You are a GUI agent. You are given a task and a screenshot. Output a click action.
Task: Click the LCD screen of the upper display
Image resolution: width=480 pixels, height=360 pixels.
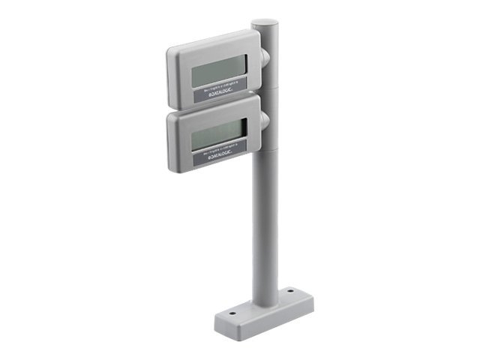(218, 73)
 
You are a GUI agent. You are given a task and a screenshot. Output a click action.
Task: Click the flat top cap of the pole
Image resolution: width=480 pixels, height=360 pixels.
(265, 24)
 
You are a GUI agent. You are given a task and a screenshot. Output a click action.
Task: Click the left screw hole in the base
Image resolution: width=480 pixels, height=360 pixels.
(232, 313)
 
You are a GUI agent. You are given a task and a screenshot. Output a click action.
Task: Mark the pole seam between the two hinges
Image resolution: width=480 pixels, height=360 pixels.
(265, 88)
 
